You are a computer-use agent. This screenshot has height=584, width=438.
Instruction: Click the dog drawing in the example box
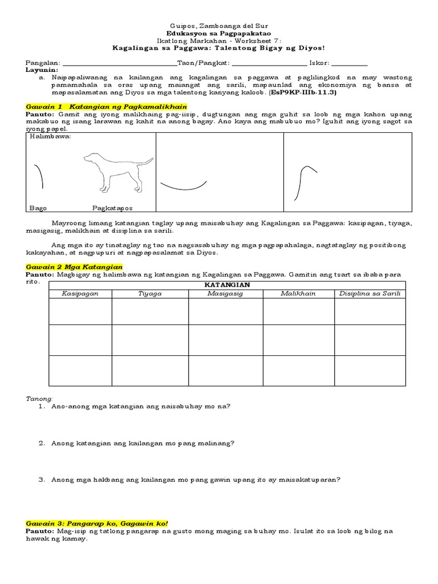click(x=117, y=172)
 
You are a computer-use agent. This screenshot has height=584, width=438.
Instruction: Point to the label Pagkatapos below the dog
click(x=116, y=208)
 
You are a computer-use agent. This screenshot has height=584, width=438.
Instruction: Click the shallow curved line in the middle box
click(x=183, y=185)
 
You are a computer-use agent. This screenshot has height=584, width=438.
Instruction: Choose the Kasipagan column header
click(x=80, y=294)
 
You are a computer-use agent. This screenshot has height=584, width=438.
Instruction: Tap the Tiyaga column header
click(x=149, y=294)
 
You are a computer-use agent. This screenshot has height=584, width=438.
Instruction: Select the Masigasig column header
click(x=225, y=294)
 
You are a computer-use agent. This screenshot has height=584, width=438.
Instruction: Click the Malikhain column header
click(x=298, y=294)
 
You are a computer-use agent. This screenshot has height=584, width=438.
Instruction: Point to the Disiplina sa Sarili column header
click(x=370, y=294)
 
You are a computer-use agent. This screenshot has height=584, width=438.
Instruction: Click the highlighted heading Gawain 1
click(x=107, y=107)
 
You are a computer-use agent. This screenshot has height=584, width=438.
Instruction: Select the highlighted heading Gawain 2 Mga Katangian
click(x=74, y=267)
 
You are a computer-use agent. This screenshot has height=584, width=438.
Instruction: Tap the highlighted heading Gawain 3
click(x=97, y=523)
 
